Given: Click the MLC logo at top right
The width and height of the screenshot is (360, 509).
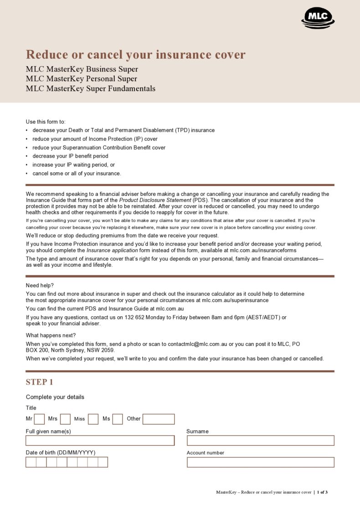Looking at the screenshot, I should click(318, 18).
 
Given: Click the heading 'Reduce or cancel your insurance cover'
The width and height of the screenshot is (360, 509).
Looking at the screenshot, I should click(135, 55).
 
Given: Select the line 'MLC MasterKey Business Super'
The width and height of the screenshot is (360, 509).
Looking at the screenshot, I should click(82, 69).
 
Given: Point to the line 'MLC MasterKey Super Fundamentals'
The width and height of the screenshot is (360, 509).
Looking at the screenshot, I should click(90, 88).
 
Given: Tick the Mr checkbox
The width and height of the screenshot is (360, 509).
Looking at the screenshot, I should click(39, 419).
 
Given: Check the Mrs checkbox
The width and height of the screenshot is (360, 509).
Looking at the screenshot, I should click(65, 419).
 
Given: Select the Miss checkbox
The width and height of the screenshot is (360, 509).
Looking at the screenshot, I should click(93, 419).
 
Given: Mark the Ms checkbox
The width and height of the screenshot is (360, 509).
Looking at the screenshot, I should click(118, 419).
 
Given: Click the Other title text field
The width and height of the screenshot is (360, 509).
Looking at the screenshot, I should click(158, 419).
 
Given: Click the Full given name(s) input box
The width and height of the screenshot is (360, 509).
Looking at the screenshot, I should click(100, 441).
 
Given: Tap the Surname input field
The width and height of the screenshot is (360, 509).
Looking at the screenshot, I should click(260, 441).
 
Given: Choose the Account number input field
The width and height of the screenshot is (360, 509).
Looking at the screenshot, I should click(260, 462).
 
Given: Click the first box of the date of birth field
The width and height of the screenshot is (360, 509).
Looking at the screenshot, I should click(31, 462).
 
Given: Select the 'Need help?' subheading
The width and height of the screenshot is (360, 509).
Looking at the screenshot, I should click(40, 285).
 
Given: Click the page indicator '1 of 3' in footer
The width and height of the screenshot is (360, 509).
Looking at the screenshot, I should click(322, 492).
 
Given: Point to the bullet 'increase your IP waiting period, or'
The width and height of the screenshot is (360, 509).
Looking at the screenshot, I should click(73, 165).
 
